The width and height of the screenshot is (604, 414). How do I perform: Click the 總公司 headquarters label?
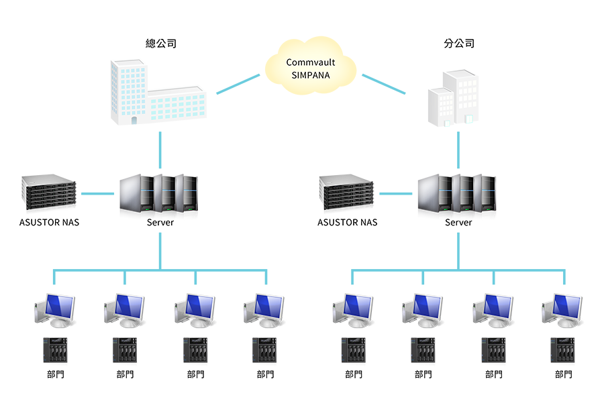pyautogui.click(x=161, y=44)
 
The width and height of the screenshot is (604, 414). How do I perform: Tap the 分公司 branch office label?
pyautogui.click(x=459, y=44)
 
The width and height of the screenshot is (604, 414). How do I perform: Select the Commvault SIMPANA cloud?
pyautogui.click(x=311, y=66)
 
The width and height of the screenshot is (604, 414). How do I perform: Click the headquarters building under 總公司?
pyautogui.click(x=158, y=92)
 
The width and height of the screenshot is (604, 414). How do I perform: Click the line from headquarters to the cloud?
pyautogui.click(x=238, y=84)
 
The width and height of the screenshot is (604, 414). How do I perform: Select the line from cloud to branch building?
pyautogui.click(x=384, y=84)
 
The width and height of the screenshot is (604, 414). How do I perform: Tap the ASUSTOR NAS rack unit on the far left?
pyautogui.click(x=48, y=192)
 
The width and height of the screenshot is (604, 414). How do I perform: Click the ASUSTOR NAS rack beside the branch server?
pyautogui.click(x=346, y=192)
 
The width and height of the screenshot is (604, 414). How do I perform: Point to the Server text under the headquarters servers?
pyautogui.click(x=160, y=222)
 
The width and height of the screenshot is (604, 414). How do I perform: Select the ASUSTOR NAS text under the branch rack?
pyautogui.click(x=348, y=222)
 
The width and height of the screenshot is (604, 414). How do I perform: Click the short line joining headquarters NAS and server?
pyautogui.click(x=98, y=194)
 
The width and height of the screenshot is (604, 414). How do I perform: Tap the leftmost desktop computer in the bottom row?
pyautogui.click(x=55, y=311)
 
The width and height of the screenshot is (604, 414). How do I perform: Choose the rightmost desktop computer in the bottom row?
pyautogui.click(x=562, y=311)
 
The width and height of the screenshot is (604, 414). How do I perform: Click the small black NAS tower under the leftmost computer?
pyautogui.click(x=55, y=350)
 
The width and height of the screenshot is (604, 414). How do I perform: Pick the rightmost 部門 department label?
pyautogui.click(x=564, y=374)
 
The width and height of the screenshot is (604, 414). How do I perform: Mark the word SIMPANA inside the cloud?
pyautogui.click(x=311, y=75)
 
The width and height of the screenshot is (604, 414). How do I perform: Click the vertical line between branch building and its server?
pyautogui.click(x=458, y=150)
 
